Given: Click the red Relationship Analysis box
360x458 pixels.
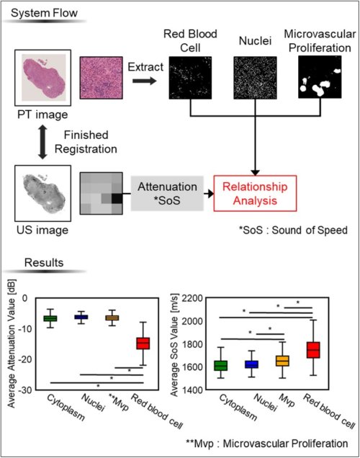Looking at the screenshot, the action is (x=255, y=194).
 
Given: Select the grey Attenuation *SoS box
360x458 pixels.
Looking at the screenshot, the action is (x=167, y=194).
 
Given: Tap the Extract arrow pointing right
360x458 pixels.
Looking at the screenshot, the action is (x=145, y=81).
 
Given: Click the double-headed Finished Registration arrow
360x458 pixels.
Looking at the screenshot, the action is (x=42, y=142).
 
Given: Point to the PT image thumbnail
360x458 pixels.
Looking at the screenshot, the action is (x=43, y=78).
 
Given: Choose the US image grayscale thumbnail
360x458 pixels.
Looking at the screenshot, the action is (x=43, y=194).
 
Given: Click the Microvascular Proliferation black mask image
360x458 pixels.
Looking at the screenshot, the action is (x=320, y=77).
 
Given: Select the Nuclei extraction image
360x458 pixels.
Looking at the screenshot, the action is (x=255, y=78).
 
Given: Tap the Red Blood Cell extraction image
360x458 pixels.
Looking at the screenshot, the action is (x=190, y=78).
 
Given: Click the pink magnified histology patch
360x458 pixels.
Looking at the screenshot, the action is (x=102, y=78).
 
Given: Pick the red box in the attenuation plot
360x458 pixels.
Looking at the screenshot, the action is (x=143, y=343).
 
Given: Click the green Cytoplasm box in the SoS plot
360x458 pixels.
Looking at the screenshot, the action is (x=221, y=366).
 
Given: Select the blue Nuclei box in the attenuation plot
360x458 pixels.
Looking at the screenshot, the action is (x=81, y=317).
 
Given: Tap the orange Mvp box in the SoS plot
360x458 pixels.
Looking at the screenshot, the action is (x=283, y=361).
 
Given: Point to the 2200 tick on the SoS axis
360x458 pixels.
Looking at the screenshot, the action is (x=192, y=298).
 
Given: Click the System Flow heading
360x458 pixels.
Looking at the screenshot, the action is (x=44, y=13).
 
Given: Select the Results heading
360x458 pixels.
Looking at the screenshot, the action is (x=44, y=263).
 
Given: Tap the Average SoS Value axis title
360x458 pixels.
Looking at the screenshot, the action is (x=174, y=345).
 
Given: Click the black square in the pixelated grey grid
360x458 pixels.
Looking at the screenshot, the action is (x=117, y=199).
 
